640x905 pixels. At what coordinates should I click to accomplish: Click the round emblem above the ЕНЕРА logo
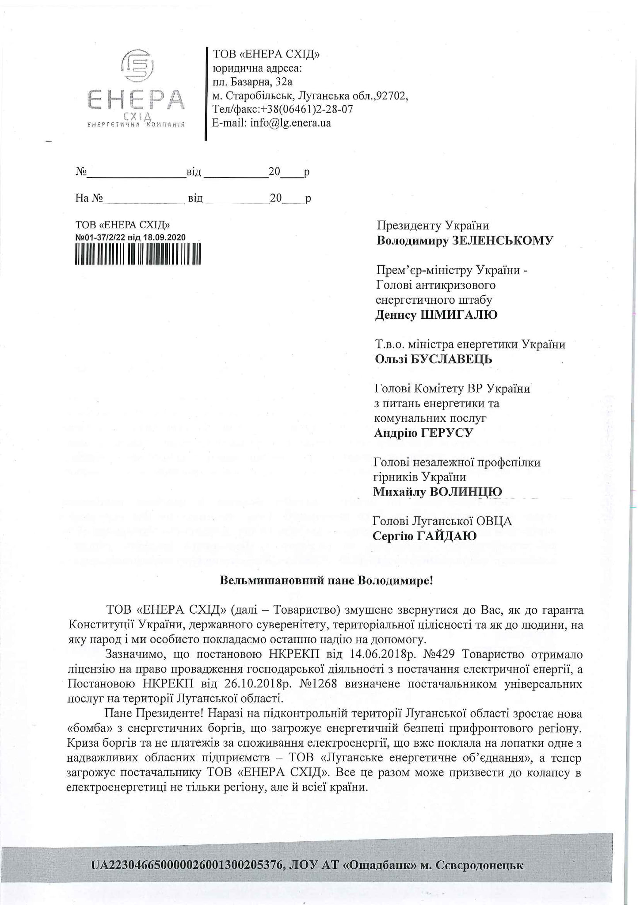click(x=137, y=66)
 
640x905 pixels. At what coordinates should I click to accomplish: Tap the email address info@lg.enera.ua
click(x=290, y=123)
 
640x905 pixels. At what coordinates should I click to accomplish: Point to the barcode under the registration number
click(x=138, y=254)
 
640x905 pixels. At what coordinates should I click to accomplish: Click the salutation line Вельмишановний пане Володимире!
click(x=326, y=580)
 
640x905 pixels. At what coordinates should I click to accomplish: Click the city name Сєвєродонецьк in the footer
click(x=479, y=865)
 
